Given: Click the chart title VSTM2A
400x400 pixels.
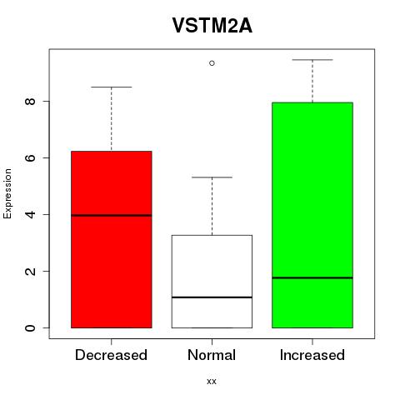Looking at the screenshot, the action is (x=212, y=26).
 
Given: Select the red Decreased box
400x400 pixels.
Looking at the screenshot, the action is (x=112, y=239).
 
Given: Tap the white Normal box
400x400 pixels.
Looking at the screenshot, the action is (x=212, y=282).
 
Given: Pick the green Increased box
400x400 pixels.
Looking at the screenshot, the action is (x=312, y=215).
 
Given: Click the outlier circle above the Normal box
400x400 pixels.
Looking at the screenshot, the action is (x=212, y=63).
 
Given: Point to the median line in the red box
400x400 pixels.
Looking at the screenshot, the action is (x=112, y=215).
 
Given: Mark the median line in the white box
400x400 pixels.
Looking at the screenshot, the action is (x=212, y=297).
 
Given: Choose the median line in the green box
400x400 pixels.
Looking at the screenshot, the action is (x=312, y=277).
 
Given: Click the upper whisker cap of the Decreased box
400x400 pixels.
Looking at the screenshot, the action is (x=112, y=87).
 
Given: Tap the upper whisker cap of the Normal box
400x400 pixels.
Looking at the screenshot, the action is (x=212, y=177).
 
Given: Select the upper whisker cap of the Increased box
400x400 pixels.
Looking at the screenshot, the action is (x=312, y=60).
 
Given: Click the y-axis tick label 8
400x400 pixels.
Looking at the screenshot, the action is (x=31, y=101).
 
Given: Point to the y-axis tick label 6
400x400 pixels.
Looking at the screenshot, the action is (x=31, y=157).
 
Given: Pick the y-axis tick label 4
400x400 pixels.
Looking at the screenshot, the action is (x=31, y=214).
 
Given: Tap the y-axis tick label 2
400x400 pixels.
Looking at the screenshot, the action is (x=31, y=271).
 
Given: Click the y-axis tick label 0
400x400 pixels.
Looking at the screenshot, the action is (x=31, y=327).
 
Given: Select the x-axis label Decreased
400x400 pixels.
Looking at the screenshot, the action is (x=111, y=355).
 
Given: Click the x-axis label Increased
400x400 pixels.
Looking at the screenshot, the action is (x=312, y=355).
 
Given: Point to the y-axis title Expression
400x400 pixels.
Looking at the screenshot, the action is (x=7, y=193).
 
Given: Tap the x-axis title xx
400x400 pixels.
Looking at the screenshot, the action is (x=212, y=382).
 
